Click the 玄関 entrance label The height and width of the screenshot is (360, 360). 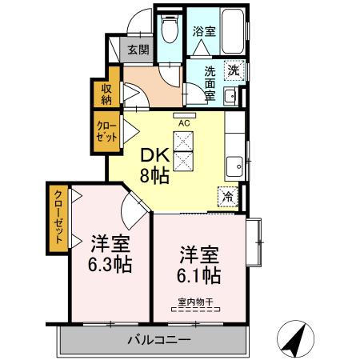[x=138, y=50]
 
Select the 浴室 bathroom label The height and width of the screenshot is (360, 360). [x=204, y=32]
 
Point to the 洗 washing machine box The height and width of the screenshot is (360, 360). [x=233, y=70]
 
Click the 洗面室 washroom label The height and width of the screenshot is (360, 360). [x=209, y=81]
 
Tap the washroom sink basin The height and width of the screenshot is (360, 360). [x=230, y=97]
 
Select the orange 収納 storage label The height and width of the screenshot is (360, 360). [x=106, y=94]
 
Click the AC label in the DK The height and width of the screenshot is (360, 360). [x=184, y=123]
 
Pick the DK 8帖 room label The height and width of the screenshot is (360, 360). [x=155, y=166]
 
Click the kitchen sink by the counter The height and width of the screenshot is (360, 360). [x=234, y=167]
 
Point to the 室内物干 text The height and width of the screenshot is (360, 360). [x=195, y=302]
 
